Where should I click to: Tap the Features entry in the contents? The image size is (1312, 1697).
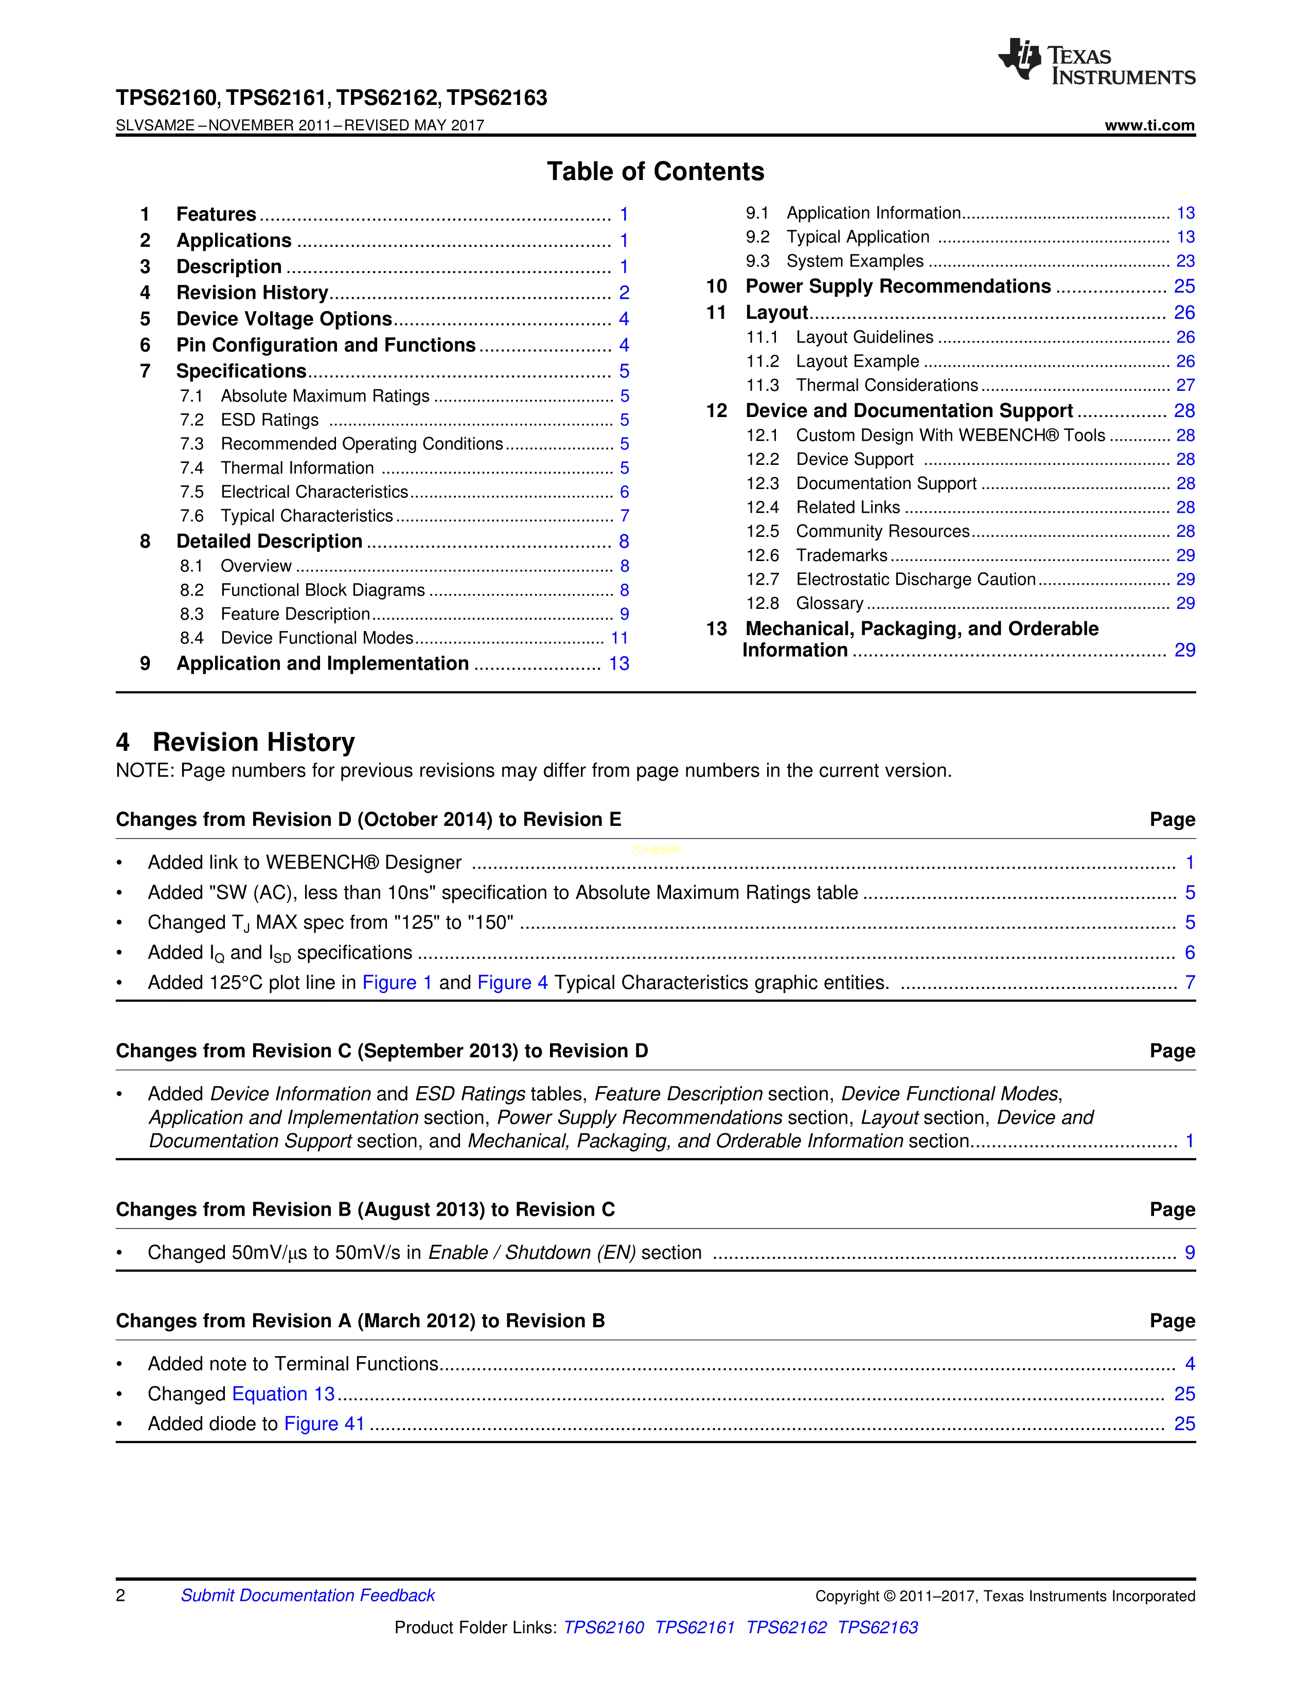tap(216, 214)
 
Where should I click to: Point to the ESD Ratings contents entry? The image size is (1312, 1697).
tap(270, 420)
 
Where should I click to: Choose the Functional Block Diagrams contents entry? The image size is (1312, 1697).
tap(323, 590)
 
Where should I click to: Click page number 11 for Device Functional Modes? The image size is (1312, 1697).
tap(619, 638)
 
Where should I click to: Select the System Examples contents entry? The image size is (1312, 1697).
tap(855, 261)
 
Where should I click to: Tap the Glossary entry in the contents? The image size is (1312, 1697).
tap(829, 604)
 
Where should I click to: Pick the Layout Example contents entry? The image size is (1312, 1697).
tap(857, 362)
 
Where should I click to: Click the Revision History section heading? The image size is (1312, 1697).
tap(253, 742)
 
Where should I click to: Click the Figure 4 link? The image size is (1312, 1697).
tap(512, 983)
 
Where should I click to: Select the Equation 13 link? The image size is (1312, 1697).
tap(283, 1394)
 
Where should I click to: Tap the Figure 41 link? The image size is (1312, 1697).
tap(324, 1423)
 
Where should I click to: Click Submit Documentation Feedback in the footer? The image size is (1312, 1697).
tap(308, 1595)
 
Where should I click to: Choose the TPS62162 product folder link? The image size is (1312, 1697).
tap(787, 1627)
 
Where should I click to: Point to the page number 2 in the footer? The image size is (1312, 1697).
tap(120, 1595)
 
